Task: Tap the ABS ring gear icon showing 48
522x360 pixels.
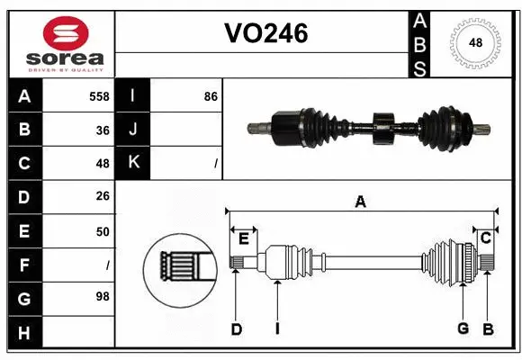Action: point(474,43)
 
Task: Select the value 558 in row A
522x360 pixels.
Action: point(99,95)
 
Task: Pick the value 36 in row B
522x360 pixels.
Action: point(103,130)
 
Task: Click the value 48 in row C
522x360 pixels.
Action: point(103,164)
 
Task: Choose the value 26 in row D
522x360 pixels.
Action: point(103,197)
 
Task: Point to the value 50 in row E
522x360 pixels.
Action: point(103,231)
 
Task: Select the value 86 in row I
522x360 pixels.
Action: point(211,95)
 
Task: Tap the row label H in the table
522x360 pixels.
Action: point(24,333)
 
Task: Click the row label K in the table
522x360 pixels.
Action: point(133,163)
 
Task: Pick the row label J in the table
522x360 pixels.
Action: point(133,130)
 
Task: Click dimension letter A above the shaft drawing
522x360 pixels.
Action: point(360,202)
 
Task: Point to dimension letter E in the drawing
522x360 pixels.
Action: point(243,238)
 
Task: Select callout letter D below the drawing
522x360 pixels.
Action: point(236,329)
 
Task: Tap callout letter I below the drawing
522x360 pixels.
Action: point(277,329)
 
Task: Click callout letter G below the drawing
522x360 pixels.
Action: point(463,329)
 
